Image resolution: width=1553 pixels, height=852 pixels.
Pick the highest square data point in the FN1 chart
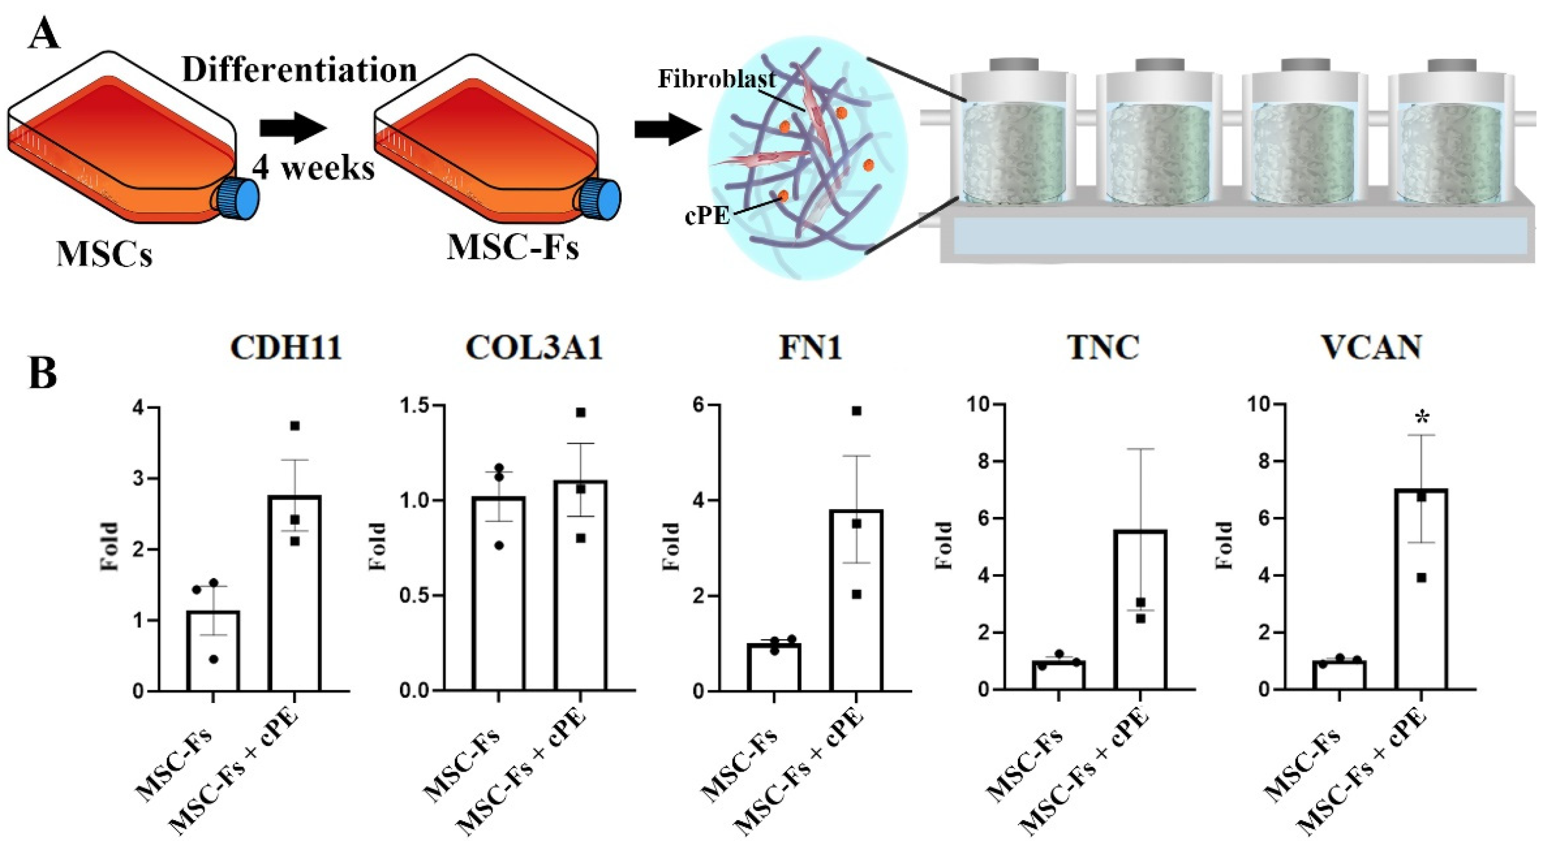click(856, 411)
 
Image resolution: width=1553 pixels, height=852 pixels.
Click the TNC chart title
click(1103, 347)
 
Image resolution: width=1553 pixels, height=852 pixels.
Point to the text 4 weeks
click(313, 167)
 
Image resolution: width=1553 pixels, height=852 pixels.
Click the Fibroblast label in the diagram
click(716, 79)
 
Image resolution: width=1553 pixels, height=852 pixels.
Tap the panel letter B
click(43, 374)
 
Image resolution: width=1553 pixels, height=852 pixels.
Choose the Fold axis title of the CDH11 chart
click(109, 546)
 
